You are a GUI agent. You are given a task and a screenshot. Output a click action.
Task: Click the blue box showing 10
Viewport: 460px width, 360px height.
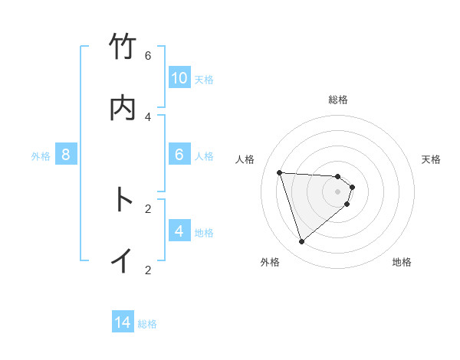[179, 78]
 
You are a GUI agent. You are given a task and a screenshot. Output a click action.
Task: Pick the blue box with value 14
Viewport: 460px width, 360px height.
[123, 323]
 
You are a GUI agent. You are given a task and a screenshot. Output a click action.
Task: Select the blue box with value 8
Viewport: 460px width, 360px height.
[66, 155]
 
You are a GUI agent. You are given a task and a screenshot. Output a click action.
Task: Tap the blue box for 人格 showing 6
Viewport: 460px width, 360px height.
[179, 155]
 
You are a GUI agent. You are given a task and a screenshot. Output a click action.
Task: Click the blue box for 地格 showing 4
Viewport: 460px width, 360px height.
[179, 231]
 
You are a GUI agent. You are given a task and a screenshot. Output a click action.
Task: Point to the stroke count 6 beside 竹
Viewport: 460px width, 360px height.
[148, 56]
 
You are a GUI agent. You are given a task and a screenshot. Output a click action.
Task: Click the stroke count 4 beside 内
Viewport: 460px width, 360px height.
[148, 116]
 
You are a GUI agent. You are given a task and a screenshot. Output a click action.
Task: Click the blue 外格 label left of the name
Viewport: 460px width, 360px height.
[41, 156]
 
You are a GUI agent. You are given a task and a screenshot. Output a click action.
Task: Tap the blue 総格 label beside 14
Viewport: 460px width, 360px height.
[147, 324]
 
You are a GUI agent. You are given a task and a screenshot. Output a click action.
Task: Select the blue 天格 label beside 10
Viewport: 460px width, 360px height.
[204, 80]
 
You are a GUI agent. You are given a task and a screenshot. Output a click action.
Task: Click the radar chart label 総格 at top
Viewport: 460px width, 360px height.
[338, 100]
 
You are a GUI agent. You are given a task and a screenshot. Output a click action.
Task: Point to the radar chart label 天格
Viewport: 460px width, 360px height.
[432, 159]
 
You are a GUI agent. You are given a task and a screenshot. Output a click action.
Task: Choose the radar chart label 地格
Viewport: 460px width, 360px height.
[402, 263]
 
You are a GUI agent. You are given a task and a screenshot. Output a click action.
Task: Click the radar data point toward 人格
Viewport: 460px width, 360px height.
[279, 172]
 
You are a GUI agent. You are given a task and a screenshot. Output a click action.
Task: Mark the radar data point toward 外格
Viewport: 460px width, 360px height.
[301, 242]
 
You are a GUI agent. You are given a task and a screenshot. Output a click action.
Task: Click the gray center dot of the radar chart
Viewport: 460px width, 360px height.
[338, 191]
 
